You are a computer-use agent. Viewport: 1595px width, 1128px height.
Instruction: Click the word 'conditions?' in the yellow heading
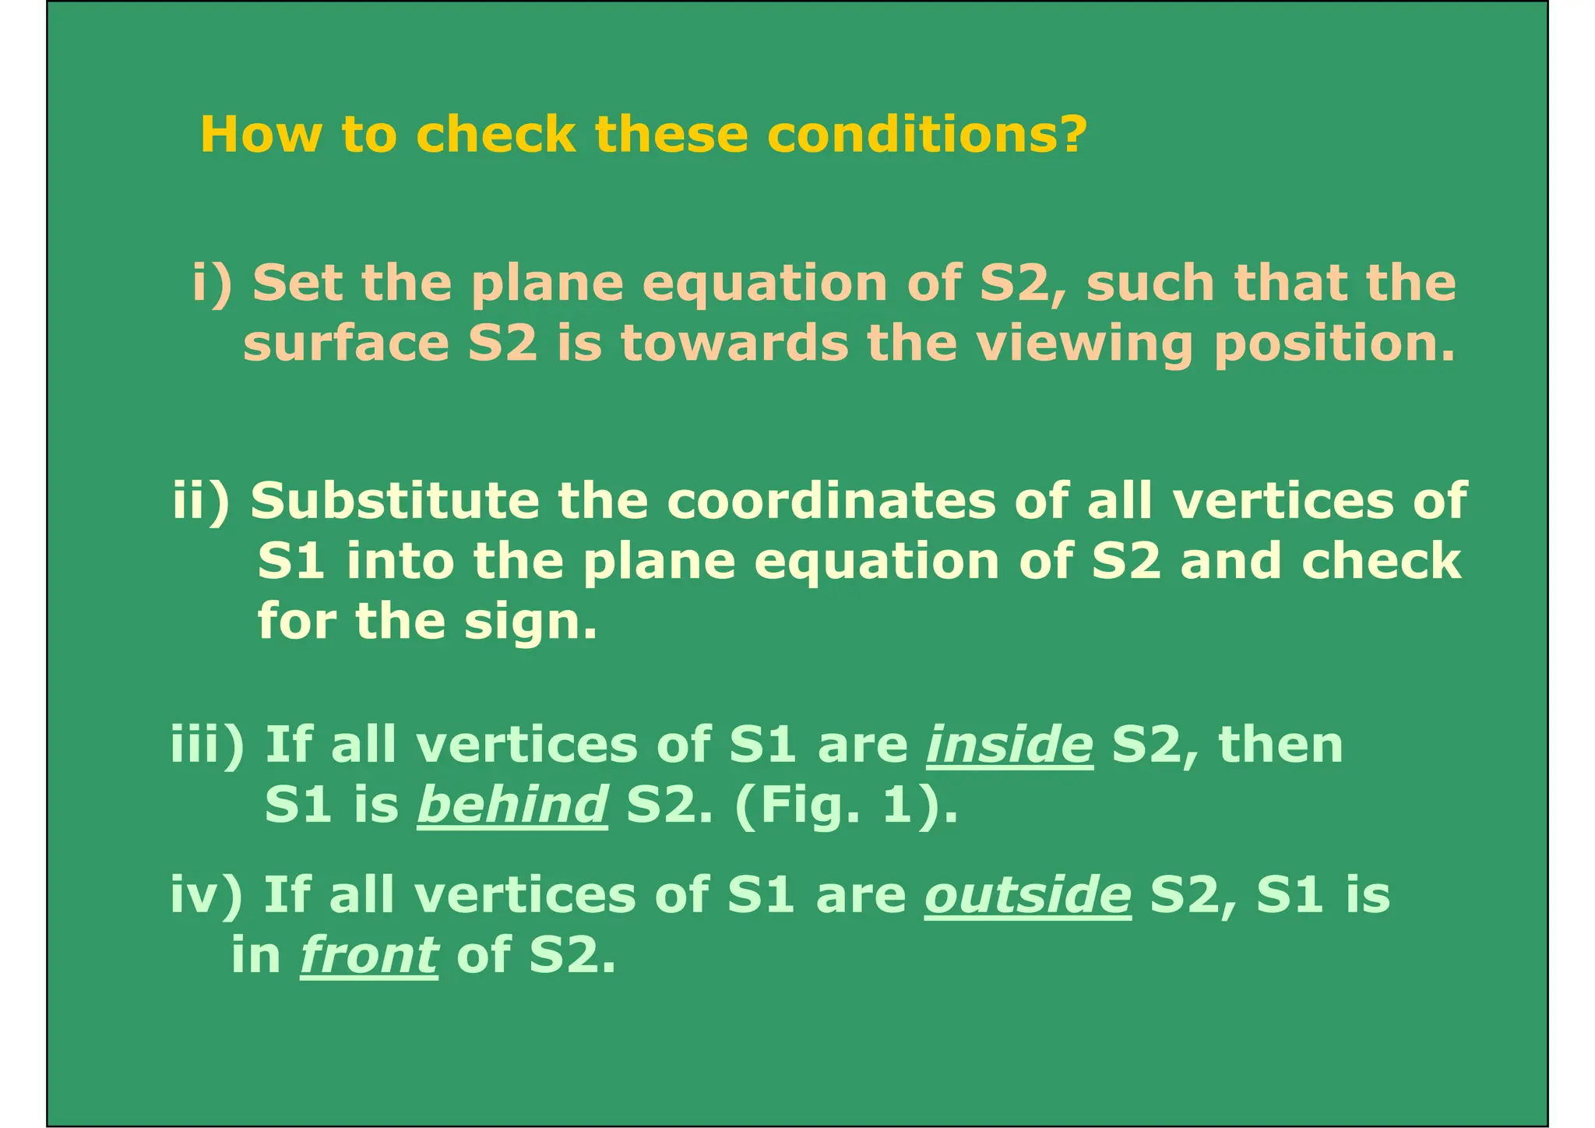pos(927,134)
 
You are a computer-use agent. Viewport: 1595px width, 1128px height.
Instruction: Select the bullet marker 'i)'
pos(212,283)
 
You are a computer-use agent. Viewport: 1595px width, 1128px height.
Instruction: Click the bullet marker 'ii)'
pos(201,500)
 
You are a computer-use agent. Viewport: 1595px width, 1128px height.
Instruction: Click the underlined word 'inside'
pos(1009,745)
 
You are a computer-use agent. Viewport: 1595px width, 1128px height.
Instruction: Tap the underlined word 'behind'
pos(512,805)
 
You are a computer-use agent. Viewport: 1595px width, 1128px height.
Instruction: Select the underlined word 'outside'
pos(1027,894)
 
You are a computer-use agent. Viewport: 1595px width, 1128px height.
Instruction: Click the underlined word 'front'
pos(368,955)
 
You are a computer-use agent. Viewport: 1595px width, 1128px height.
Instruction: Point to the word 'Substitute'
pos(395,500)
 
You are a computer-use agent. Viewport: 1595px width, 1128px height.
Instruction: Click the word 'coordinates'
pos(831,500)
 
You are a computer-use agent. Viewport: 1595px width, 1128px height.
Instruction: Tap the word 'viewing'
pos(1084,344)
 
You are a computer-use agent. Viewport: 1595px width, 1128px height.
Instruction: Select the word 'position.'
pos(1334,344)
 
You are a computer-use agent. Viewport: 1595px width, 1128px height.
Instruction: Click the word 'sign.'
pos(530,622)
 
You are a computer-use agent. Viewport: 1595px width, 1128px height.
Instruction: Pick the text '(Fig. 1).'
pos(845,805)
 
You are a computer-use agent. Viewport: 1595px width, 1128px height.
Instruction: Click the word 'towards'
pos(734,344)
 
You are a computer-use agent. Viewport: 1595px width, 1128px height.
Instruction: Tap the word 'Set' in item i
pos(297,283)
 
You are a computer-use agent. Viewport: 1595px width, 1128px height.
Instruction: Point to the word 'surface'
pos(346,344)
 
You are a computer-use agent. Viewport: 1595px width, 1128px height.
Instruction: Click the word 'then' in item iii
pos(1280,745)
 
